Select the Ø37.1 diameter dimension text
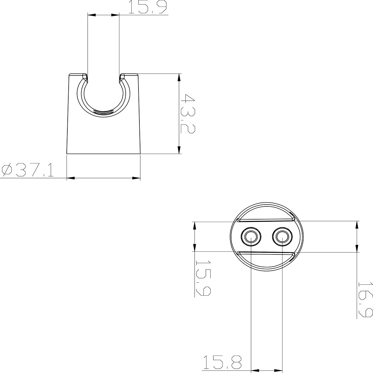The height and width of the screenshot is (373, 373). tap(27, 170)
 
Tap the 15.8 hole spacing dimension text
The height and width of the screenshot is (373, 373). tap(222, 362)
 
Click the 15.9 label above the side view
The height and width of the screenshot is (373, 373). tap(148, 7)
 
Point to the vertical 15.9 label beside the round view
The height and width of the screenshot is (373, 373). tap(203, 278)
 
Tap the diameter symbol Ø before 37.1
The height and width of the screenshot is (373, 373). tap(7, 170)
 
